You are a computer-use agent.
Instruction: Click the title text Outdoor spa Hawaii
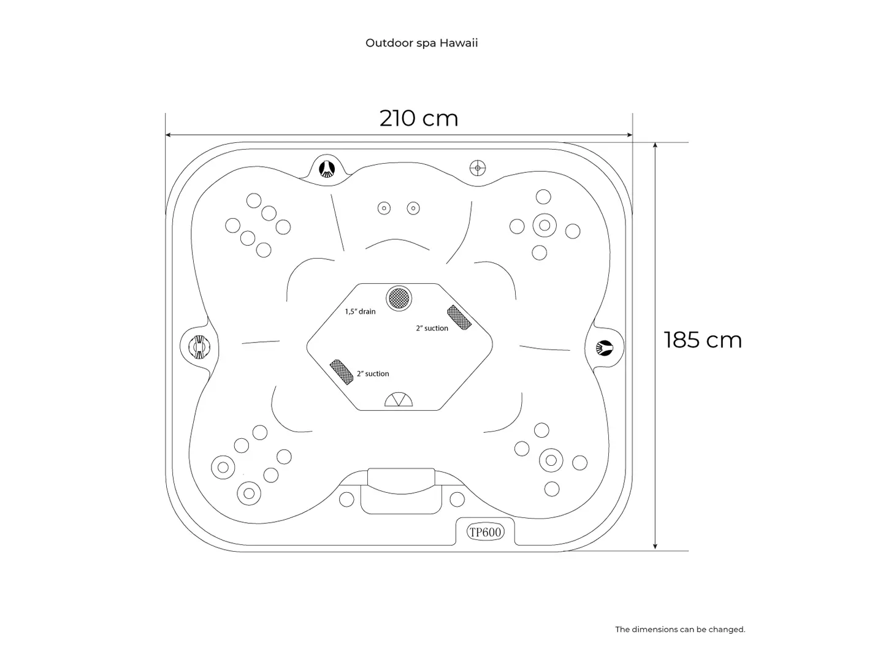[x=421, y=43]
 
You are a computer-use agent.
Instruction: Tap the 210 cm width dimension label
[x=419, y=118]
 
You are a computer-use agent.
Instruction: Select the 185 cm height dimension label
[x=702, y=340]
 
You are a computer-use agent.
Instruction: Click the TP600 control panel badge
[x=485, y=532]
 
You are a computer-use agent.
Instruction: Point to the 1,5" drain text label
[x=360, y=311]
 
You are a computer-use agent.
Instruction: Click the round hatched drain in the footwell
[x=399, y=299]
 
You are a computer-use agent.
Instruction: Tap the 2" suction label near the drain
[x=432, y=329]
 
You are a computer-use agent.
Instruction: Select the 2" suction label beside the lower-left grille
[x=373, y=374]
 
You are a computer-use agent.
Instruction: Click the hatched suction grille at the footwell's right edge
[x=459, y=318]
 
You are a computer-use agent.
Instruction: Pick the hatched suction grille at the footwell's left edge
[x=342, y=372]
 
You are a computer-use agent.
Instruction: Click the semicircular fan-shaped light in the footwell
[x=399, y=400]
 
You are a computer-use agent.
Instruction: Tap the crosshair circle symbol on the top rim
[x=478, y=168]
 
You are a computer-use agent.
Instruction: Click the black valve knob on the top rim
[x=327, y=169]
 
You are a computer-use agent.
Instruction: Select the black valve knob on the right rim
[x=604, y=348]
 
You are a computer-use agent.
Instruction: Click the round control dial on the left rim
[x=199, y=346]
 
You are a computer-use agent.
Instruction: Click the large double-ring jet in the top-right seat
[x=545, y=226]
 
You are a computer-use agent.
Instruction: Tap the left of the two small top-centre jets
[x=384, y=208]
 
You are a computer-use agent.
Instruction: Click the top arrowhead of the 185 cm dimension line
[x=655, y=145]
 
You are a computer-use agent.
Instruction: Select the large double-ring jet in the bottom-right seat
[x=551, y=460]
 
